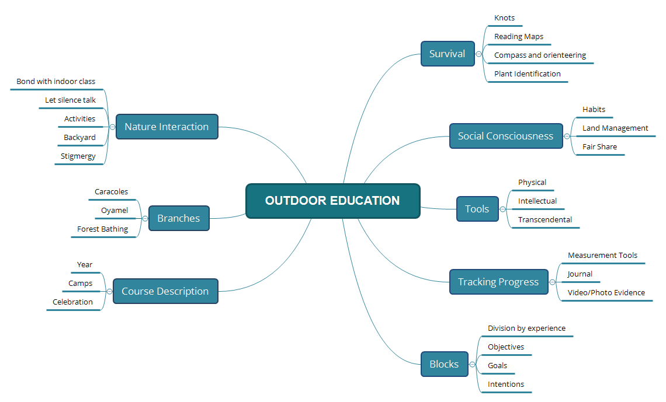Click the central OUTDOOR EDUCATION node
point(332,201)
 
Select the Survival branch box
point(448,54)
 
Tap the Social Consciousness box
point(505,136)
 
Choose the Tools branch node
point(477,209)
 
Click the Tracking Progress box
point(498,282)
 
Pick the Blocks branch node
point(444,364)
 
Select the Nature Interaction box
point(166,127)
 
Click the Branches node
point(178,218)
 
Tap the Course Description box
point(165,291)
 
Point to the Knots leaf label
point(504,18)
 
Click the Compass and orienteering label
point(540,55)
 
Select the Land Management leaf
point(615,128)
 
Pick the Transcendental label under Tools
point(545,220)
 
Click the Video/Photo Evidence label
point(606,293)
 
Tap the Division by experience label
point(526,328)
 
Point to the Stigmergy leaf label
point(78,156)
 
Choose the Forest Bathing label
point(103,229)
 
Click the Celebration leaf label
point(73,302)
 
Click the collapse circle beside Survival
point(479,54)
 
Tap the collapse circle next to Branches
point(145,218)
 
